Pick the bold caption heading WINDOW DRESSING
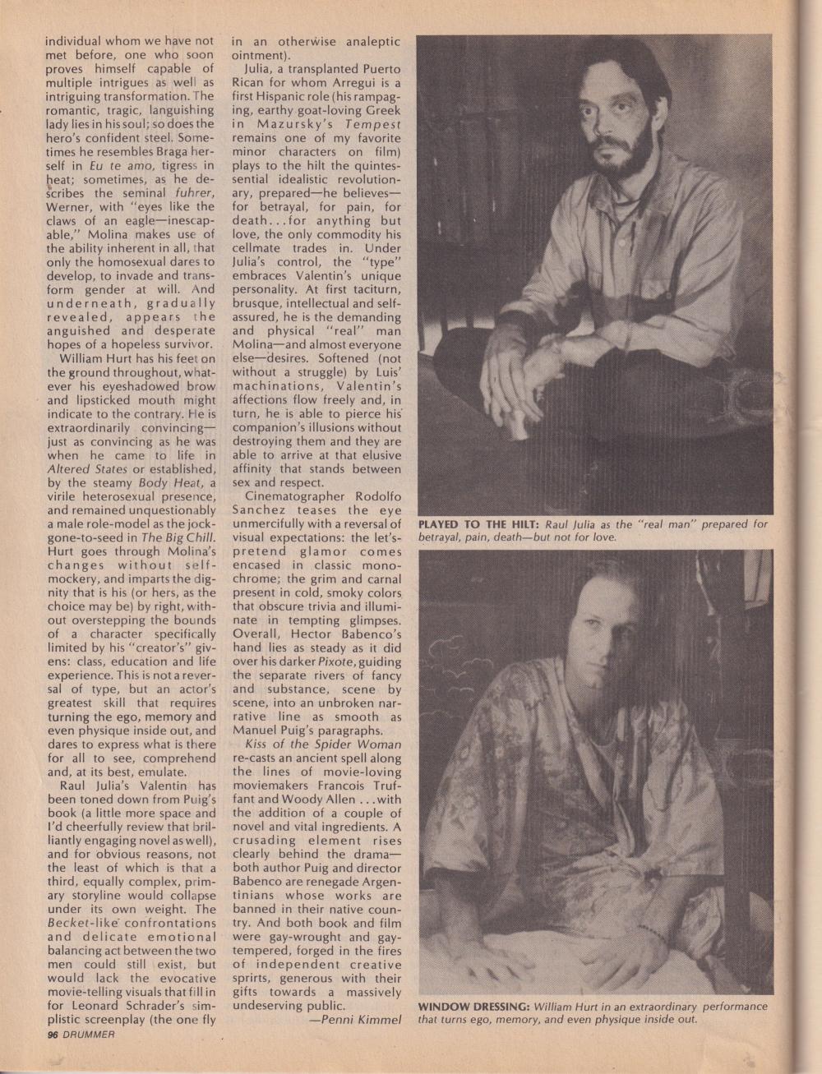(473, 1006)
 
